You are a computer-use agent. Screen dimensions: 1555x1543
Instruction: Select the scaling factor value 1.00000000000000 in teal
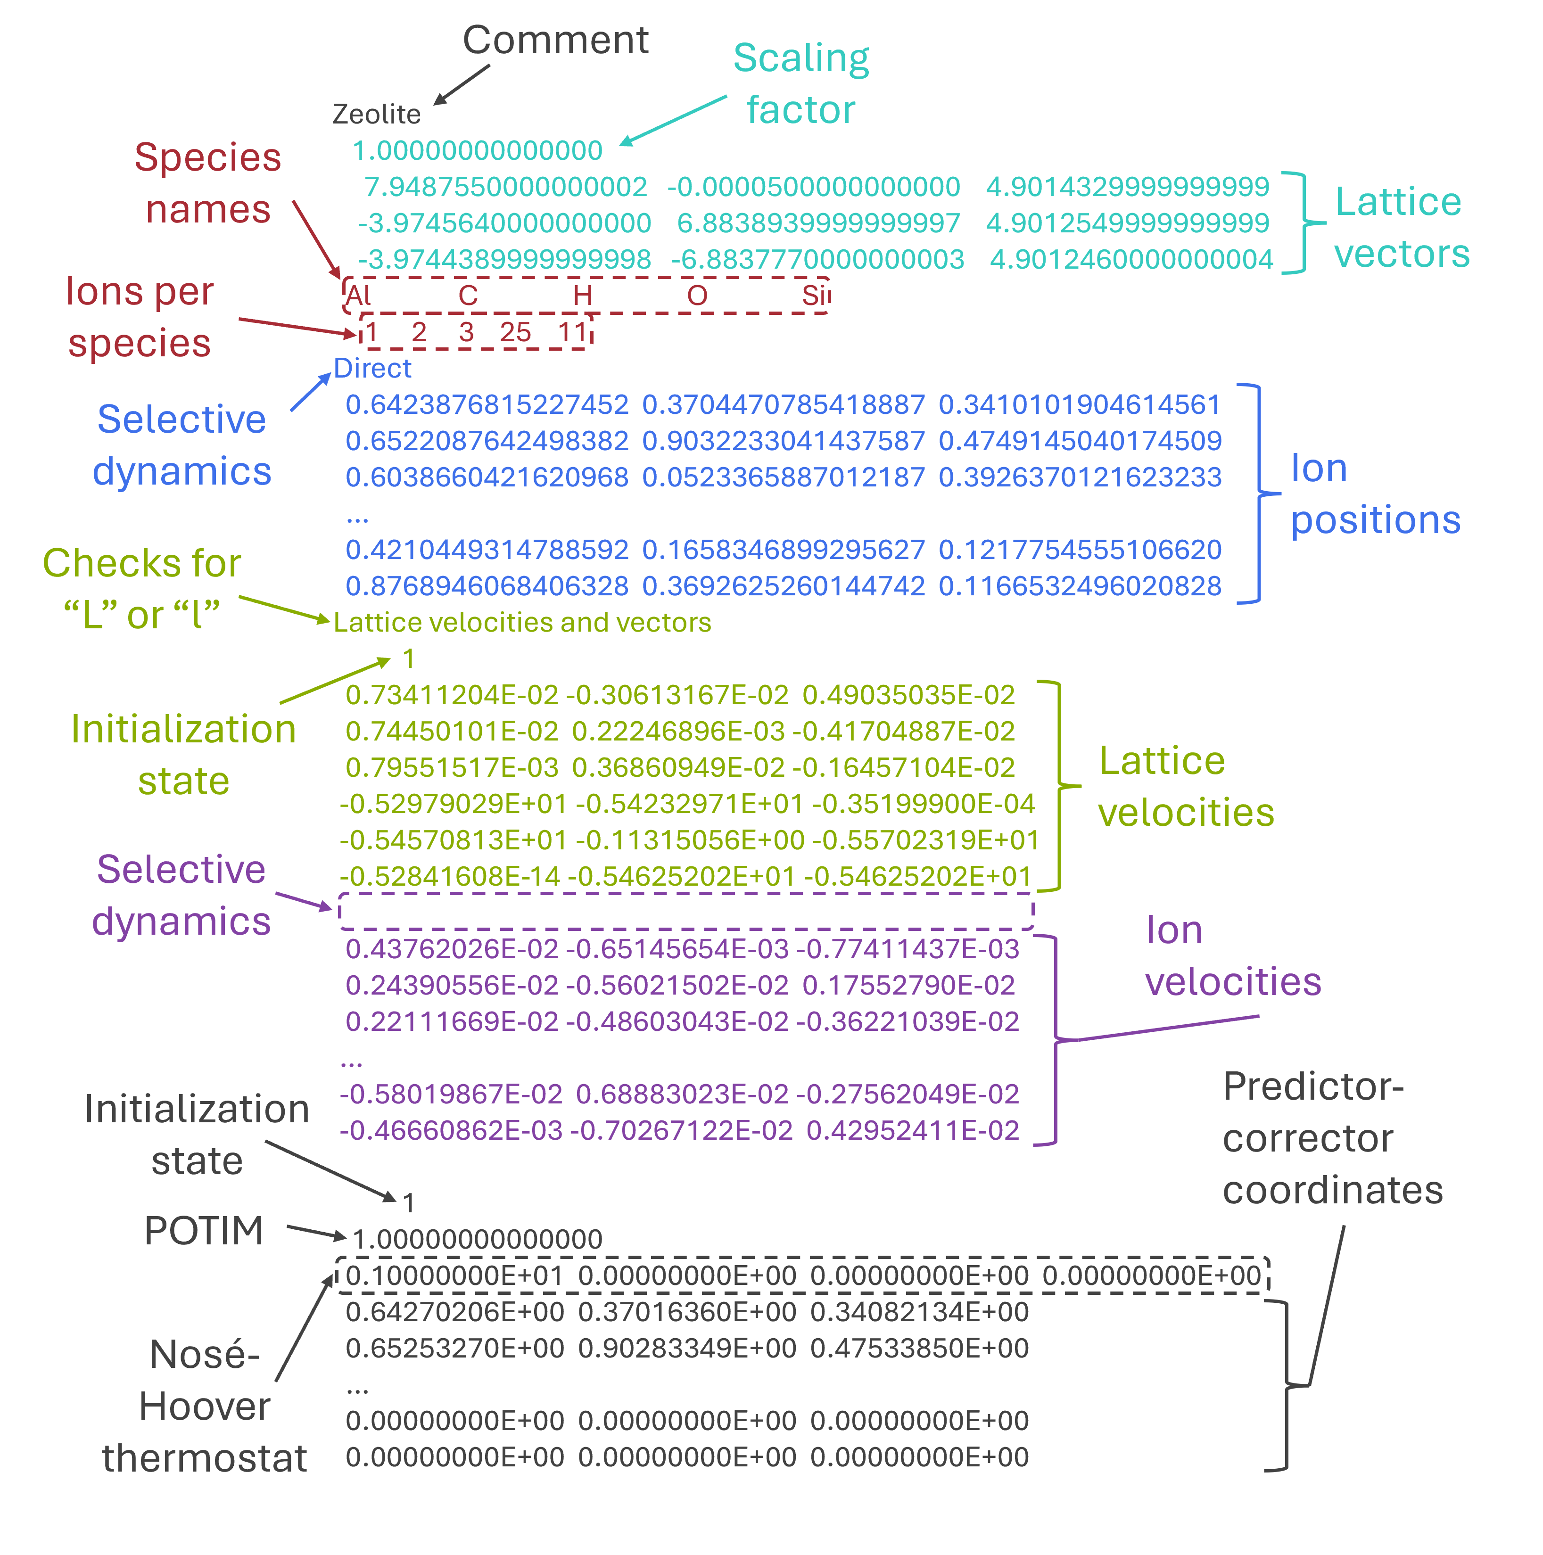point(477,150)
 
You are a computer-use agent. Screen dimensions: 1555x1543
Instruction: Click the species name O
point(697,296)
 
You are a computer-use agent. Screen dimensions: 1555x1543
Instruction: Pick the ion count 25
point(515,332)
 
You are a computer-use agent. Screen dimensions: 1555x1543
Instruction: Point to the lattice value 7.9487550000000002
point(505,187)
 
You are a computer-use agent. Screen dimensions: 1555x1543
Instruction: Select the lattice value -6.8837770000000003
point(818,259)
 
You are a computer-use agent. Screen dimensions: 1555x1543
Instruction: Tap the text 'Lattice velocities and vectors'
point(522,622)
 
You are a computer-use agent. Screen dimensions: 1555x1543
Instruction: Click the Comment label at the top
point(555,40)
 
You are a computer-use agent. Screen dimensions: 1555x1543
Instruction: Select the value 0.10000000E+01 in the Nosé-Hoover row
point(455,1275)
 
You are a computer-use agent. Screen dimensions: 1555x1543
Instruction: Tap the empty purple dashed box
point(686,911)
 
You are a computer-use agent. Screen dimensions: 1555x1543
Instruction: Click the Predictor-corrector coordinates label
point(1332,1138)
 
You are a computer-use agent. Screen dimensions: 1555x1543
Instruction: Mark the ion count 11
point(572,332)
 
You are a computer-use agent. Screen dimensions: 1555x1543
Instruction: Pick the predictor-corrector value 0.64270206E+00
point(455,1312)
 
